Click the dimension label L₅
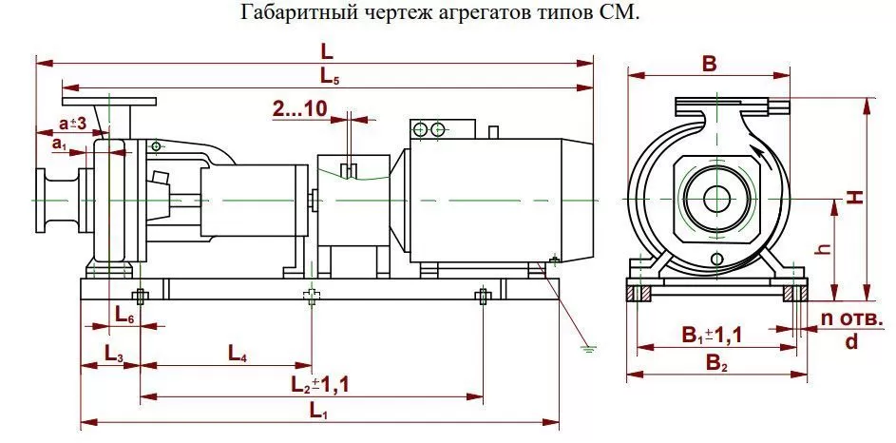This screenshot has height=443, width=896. point(329,76)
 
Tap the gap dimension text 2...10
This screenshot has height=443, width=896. point(300,109)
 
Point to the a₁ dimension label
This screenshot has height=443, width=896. point(60,144)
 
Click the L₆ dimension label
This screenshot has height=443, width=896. point(124,315)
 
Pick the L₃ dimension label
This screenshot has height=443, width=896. point(113,354)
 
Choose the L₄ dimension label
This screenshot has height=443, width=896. point(238,354)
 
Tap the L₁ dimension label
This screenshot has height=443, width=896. point(318,410)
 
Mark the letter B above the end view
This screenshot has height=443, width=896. point(709,64)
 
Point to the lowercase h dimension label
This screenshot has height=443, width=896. point(822,249)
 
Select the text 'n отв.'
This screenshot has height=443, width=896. point(852,319)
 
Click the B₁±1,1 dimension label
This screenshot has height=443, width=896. point(712,335)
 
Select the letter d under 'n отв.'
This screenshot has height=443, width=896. point(851,341)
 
